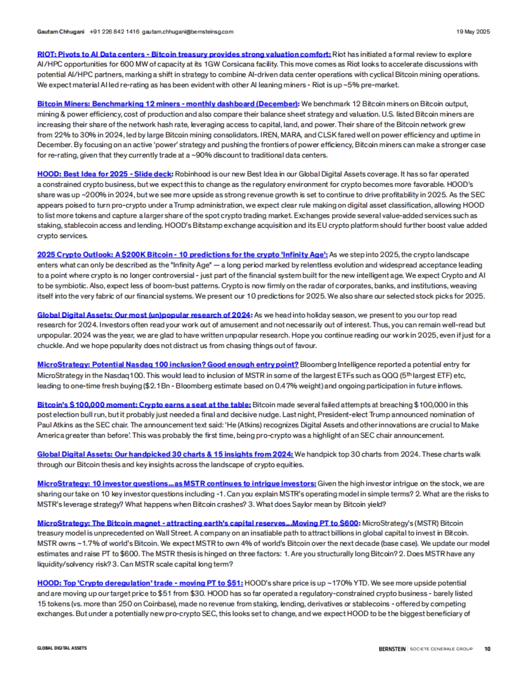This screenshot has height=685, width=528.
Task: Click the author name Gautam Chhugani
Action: click(x=61, y=32)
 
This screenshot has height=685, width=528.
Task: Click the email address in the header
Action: click(x=187, y=32)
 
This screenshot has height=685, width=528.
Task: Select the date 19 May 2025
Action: click(x=473, y=32)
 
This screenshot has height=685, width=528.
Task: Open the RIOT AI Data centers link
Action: click(x=184, y=55)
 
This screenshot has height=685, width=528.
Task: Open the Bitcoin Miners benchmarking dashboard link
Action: click(x=168, y=104)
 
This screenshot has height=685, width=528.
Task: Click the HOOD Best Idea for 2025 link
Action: click(x=105, y=174)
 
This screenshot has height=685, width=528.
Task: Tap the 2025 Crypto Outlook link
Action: click(x=182, y=255)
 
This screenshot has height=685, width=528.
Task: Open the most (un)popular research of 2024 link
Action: click(x=144, y=315)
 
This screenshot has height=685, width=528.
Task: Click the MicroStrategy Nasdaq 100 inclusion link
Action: click(x=168, y=364)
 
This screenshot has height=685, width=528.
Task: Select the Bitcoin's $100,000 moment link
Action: click(x=144, y=404)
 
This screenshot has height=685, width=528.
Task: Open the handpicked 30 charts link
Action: click(x=165, y=454)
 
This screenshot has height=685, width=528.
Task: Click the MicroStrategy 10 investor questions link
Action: click(x=176, y=484)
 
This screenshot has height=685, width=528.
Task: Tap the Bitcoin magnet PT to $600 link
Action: click(x=198, y=523)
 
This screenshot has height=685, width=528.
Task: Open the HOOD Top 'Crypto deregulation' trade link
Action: click(x=140, y=583)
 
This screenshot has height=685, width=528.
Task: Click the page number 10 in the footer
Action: click(x=487, y=648)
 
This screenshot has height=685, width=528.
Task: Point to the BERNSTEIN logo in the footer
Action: click(x=392, y=648)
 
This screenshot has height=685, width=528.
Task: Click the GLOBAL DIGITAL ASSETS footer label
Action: click(x=62, y=648)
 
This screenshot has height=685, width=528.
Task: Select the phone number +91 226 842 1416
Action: click(x=114, y=32)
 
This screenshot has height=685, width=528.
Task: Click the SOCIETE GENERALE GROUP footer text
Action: click(x=441, y=648)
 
